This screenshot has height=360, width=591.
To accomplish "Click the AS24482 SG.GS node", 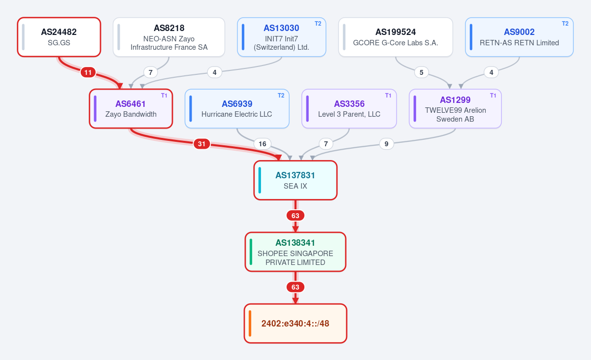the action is pos(59,37).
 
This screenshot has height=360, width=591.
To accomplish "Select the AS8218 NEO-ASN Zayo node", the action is pos(169,37).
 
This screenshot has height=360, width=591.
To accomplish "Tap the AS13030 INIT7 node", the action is pos(282,37).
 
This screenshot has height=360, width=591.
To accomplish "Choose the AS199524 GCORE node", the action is pos(395,37).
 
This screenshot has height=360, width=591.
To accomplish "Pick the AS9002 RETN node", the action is pos(519,37).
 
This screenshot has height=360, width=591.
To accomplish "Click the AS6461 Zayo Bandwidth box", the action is pos(131,109).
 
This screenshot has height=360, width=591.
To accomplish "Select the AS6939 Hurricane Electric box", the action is pos(237,109).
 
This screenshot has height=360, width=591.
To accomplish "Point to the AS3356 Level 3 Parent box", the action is pos(349,109).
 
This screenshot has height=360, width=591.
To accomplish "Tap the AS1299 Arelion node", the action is pos(455,109).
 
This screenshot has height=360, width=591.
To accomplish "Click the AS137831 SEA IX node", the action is pos(295,180).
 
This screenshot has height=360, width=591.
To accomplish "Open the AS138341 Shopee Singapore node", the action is pos(295,252).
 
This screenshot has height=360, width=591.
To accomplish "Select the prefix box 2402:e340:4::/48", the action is pos(295,324).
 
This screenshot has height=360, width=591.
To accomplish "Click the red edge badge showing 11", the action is pos(88,72).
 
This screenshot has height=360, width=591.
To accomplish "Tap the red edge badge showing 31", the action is pos(201,144).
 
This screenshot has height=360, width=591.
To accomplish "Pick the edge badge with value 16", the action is pos(262,144).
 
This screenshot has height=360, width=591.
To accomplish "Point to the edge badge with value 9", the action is pos(386,144).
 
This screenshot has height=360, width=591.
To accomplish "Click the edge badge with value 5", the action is pos(422,72).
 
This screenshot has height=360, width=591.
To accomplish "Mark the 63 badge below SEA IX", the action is pos(295,216).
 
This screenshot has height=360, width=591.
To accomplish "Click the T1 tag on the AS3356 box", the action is pos(388,96).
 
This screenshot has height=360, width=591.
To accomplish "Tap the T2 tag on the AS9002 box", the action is pos(565,24).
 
